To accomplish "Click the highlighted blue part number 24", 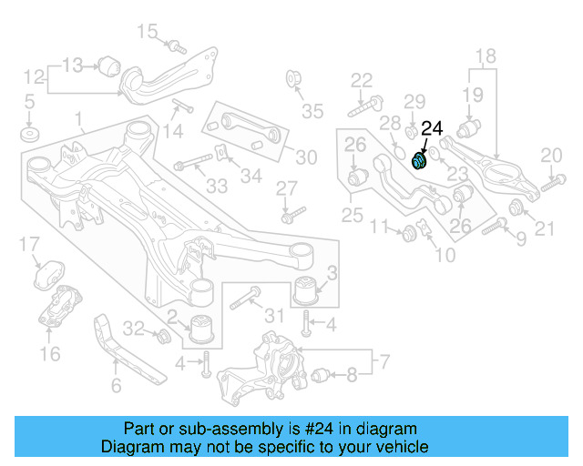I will click(x=421, y=160).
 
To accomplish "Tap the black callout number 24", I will click(x=431, y=128).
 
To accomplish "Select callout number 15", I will click(x=148, y=33).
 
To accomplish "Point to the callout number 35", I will click(x=312, y=112).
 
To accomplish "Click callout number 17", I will click(x=29, y=244).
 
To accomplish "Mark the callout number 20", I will click(x=552, y=156).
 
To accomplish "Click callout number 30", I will click(x=306, y=157).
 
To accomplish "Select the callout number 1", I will click(x=78, y=118).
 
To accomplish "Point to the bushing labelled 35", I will click(x=294, y=77).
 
